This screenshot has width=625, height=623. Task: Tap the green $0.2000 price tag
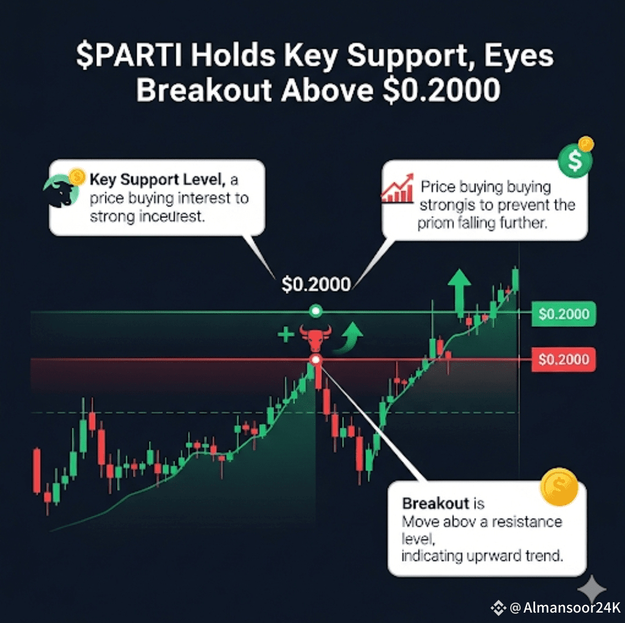click(x=564, y=314)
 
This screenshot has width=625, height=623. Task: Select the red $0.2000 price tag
click(x=564, y=359)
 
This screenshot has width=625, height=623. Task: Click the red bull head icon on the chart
click(x=315, y=338)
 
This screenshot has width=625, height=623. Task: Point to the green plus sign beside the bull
click(x=286, y=334)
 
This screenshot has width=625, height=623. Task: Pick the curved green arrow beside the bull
click(x=348, y=338)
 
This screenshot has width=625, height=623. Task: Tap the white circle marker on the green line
click(x=315, y=311)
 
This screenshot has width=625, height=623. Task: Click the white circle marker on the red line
click(x=315, y=360)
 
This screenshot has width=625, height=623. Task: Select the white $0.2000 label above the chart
click(x=316, y=285)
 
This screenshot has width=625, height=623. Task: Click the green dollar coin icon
click(x=575, y=160)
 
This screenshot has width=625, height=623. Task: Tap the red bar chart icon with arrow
click(x=397, y=188)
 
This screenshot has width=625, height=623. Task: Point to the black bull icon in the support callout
click(x=60, y=191)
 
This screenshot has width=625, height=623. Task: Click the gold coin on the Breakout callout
click(x=559, y=487)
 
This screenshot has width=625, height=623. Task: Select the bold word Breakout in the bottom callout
click(x=435, y=504)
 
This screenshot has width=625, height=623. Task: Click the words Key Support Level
click(x=158, y=180)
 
